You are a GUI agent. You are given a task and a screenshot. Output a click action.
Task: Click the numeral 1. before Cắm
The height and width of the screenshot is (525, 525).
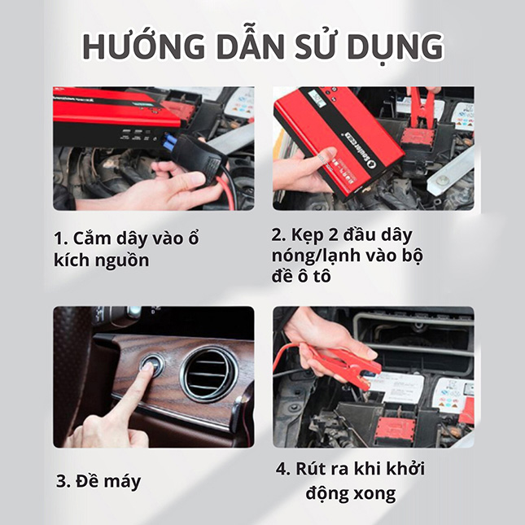pyautogui.click(x=61, y=238)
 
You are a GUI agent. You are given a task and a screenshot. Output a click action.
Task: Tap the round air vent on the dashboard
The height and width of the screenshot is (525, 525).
pyautogui.click(x=208, y=373)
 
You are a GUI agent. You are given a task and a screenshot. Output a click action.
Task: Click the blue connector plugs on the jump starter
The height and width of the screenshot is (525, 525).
pyautogui.click(x=170, y=141)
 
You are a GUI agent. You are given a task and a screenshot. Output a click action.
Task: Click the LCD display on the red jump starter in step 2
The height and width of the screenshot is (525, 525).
pyautogui.click(x=316, y=100)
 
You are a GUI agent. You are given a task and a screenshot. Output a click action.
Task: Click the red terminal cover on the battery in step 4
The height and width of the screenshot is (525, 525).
pyautogui.click(x=396, y=430)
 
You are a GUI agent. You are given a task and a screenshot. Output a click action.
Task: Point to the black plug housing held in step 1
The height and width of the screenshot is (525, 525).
pyautogui.click(x=198, y=157)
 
